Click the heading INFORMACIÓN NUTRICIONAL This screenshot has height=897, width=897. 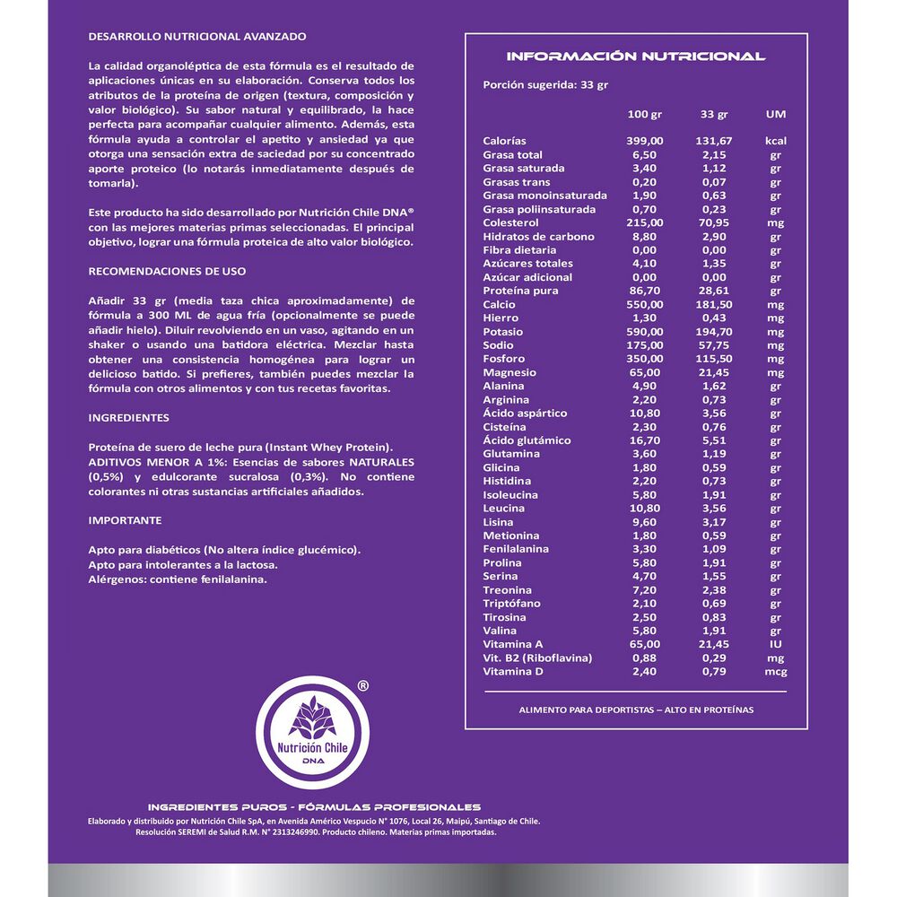pyautogui.click(x=636, y=57)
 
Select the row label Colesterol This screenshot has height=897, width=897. pyautogui.click(x=510, y=223)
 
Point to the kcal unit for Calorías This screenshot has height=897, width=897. pyautogui.click(x=775, y=142)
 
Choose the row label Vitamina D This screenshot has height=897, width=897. pyautogui.click(x=515, y=672)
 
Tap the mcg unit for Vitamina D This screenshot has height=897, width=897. pyautogui.click(x=775, y=672)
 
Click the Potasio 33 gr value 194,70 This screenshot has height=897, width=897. pyautogui.click(x=714, y=332)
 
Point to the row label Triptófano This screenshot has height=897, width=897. pyautogui.click(x=512, y=604)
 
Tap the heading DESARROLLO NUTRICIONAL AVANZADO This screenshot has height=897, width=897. pyautogui.click(x=197, y=37)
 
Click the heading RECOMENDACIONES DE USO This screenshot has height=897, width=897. pyautogui.click(x=167, y=270)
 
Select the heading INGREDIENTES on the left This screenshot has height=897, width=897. pyautogui.click(x=128, y=418)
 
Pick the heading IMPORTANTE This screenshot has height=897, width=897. pyautogui.click(x=125, y=520)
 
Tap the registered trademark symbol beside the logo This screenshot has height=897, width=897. pyautogui.click(x=361, y=684)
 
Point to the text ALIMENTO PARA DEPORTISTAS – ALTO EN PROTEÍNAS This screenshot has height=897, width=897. pyautogui.click(x=636, y=710)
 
